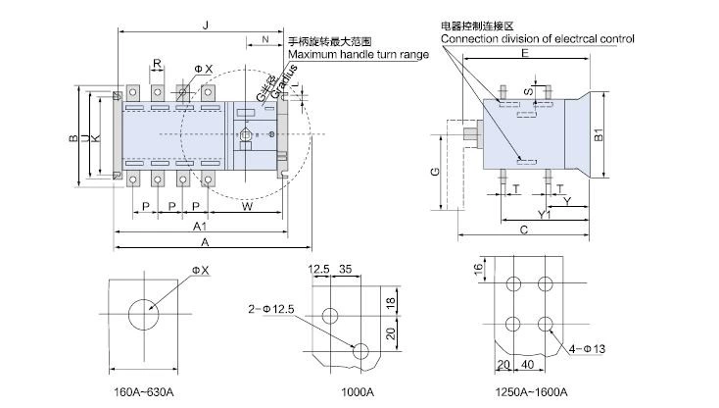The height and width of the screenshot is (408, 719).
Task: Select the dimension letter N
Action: [264, 40]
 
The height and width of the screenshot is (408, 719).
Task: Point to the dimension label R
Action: [157, 64]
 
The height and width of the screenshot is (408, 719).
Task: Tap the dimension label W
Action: [247, 207]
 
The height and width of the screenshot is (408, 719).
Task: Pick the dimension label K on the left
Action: [95, 138]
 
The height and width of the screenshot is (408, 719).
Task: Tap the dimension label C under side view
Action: [525, 230]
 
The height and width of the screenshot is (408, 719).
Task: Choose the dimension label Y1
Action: [542, 214]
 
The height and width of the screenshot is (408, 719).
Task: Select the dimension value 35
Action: [345, 268]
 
